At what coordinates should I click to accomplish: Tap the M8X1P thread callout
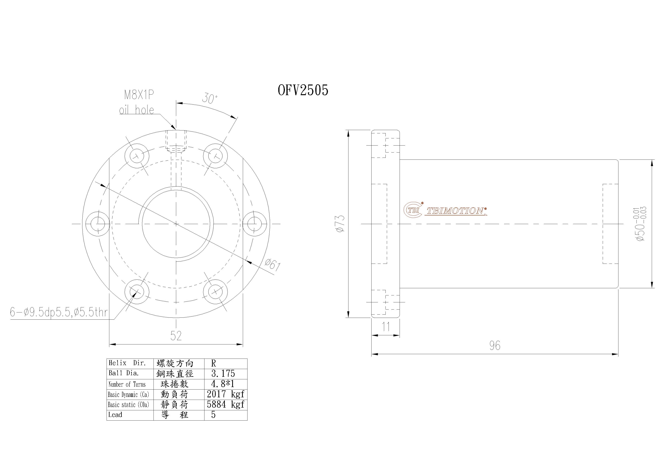[x=139, y=95]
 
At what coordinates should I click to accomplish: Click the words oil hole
[x=136, y=110]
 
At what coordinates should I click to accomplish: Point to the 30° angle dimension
[x=210, y=98]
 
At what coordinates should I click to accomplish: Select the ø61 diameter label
[x=272, y=265]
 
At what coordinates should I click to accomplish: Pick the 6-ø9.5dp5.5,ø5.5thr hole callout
[x=59, y=312]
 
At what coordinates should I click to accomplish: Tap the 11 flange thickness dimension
[x=386, y=327]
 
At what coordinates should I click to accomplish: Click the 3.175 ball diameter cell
[x=223, y=373]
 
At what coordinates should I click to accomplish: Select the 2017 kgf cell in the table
[x=225, y=394]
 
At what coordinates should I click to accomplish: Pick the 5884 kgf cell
[x=225, y=405]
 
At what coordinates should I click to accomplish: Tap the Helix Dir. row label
[x=127, y=363]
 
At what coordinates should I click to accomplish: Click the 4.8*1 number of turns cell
[x=223, y=384]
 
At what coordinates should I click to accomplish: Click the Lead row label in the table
[x=115, y=415]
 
